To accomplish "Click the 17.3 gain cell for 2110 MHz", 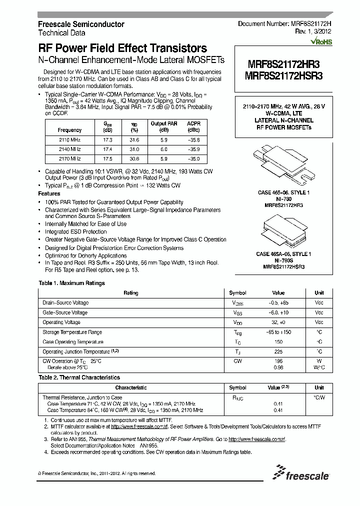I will point(107,140).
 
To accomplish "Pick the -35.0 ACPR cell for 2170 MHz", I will point(193,158).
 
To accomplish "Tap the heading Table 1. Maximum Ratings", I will point(71,283).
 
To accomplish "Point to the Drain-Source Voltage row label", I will point(65,302).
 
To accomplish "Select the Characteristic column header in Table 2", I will point(131,387).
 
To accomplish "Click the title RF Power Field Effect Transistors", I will point(122,48).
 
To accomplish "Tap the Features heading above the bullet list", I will point(49,193).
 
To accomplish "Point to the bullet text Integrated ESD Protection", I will point(76,231).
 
